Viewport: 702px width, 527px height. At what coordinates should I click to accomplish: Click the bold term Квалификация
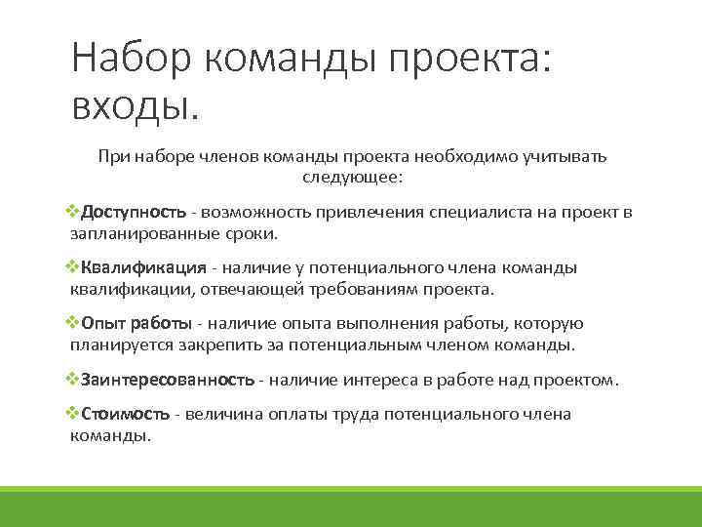tap(143, 268)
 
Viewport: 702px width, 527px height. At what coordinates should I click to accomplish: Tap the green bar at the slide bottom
tap(351, 507)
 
